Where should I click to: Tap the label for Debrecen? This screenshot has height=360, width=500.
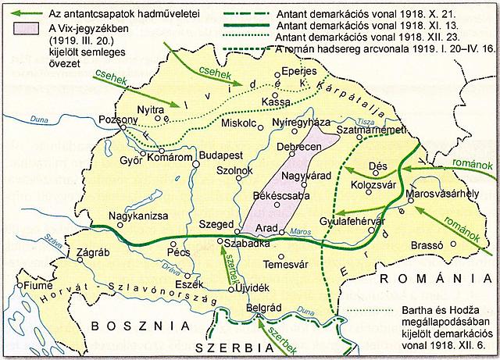coord(301,147)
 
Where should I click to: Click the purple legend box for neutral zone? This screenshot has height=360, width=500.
coord(23,27)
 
